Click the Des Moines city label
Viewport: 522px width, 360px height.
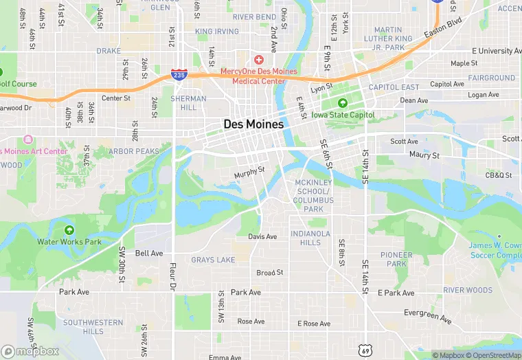[x=253, y=124]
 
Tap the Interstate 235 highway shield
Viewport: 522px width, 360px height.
[x=179, y=74]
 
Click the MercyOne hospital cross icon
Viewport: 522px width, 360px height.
[x=259, y=60]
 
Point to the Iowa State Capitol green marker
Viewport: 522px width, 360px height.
[x=342, y=103]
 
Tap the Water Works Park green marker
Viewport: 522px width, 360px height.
[x=69, y=229]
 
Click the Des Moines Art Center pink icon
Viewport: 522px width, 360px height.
[x=27, y=139]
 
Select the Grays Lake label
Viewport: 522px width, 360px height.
[x=213, y=260]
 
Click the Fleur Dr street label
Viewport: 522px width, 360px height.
[x=174, y=275]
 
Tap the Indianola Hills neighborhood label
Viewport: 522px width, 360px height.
[x=306, y=238]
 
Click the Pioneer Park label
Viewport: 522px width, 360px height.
[x=396, y=259]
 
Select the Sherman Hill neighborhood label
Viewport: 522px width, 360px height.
[x=189, y=103]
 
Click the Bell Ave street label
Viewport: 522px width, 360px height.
[x=149, y=254]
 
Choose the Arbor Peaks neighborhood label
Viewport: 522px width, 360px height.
[x=134, y=151]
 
